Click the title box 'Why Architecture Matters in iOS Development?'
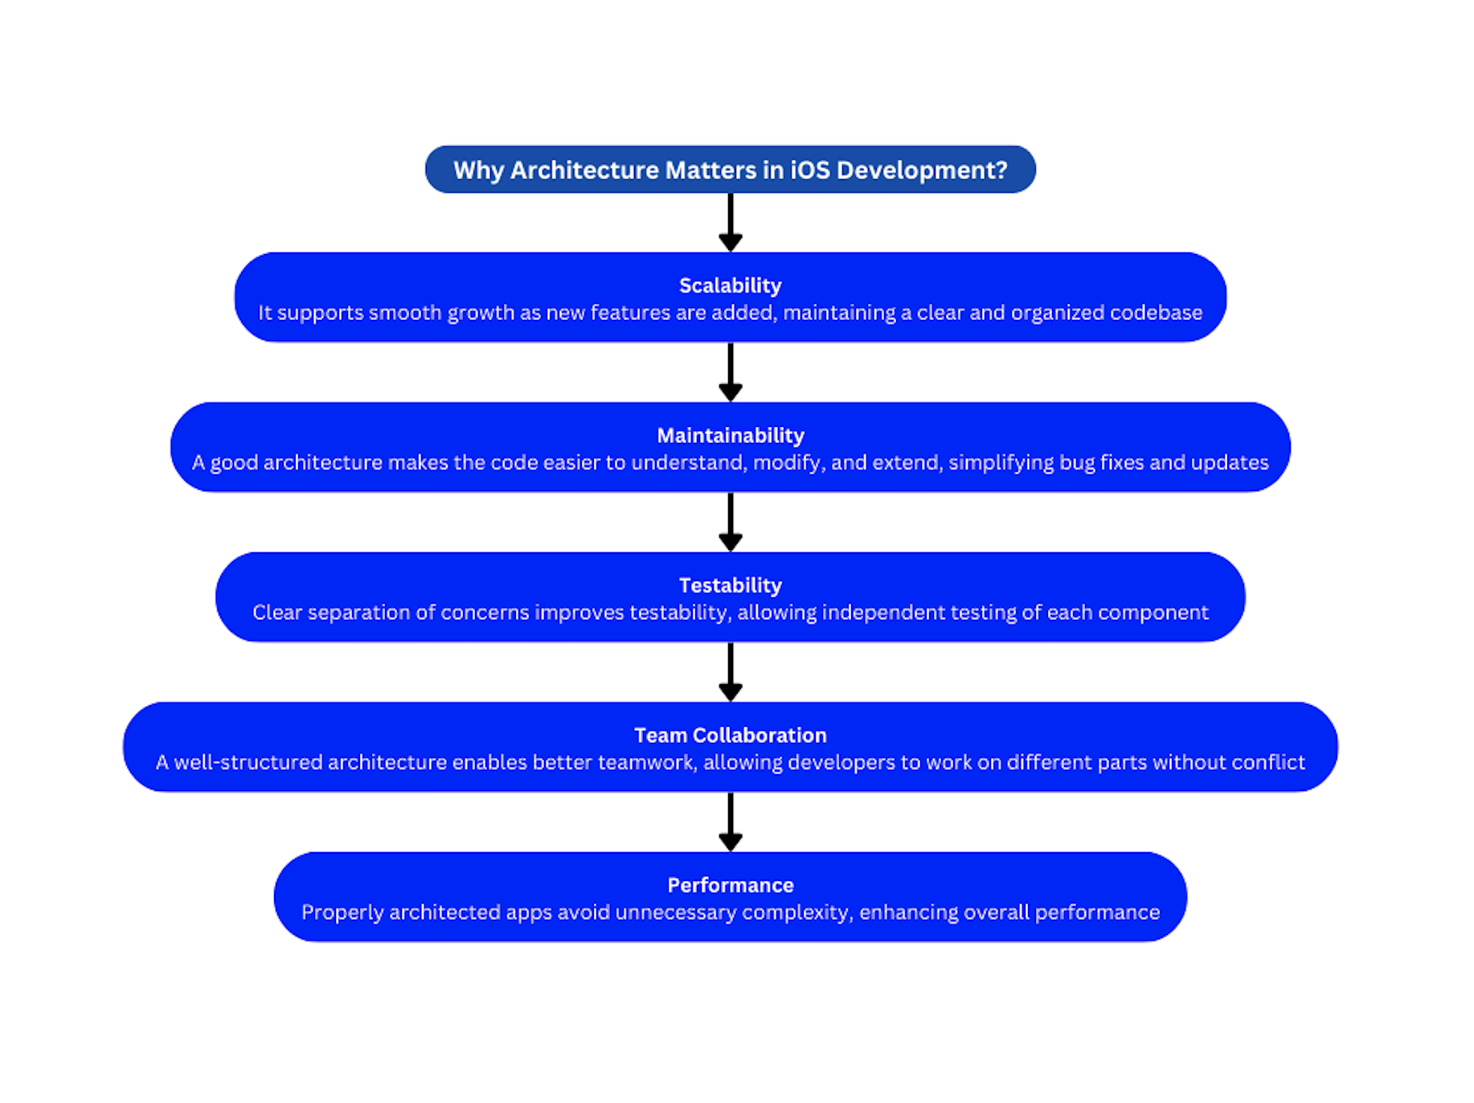[x=730, y=170]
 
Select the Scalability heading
[x=730, y=285]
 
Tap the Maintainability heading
[x=730, y=435]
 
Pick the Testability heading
[x=730, y=585]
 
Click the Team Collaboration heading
[x=730, y=735]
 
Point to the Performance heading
[x=730, y=885]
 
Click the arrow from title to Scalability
[x=730, y=223]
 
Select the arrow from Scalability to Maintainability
[x=730, y=372]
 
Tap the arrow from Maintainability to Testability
[x=730, y=522]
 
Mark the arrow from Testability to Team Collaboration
[x=730, y=672]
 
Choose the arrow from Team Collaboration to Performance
[x=730, y=822]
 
